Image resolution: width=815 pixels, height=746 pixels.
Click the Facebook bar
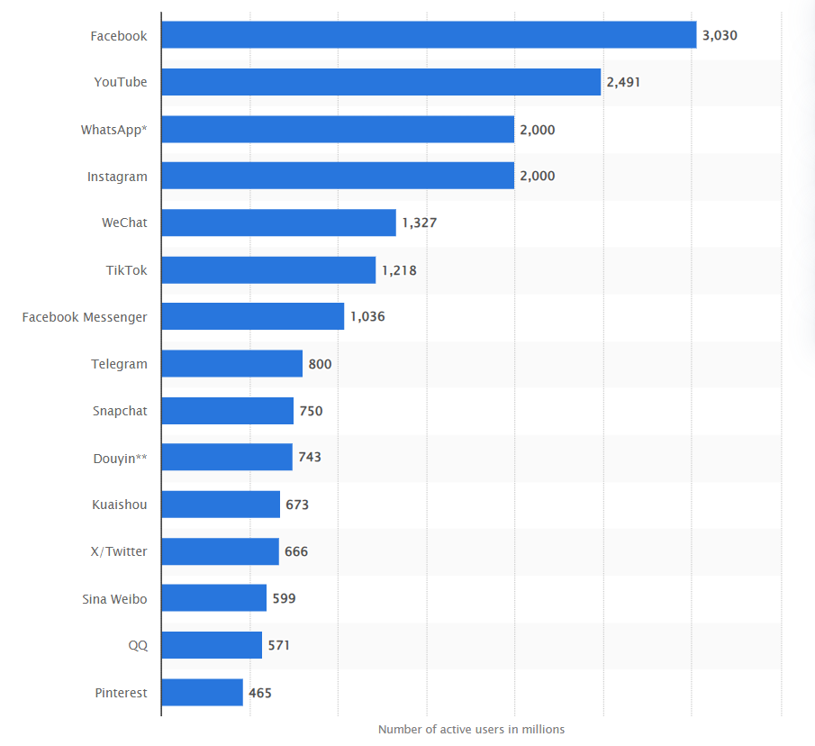coord(429,35)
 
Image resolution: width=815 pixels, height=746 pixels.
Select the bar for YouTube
coord(381,82)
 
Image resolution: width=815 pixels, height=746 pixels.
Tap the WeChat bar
coord(278,223)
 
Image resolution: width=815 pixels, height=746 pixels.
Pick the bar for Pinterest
coord(202,693)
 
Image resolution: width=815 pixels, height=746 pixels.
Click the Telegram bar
coord(231,364)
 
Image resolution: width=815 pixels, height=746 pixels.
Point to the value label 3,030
coord(720,35)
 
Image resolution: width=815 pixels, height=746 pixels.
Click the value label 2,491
coord(623,82)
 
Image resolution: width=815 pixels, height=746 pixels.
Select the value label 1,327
coord(420,223)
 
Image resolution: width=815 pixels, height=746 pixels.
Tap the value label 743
coord(310,457)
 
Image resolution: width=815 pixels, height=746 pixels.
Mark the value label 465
coord(260,693)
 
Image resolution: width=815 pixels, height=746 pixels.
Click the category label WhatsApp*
coord(114,130)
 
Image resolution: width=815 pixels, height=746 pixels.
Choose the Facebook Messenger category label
coord(85,317)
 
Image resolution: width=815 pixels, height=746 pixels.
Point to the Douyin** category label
coord(121,458)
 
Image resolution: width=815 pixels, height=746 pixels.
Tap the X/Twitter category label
coord(120,551)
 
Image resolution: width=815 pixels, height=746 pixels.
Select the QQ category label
coord(138,645)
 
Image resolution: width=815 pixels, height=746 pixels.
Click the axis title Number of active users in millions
coord(471,729)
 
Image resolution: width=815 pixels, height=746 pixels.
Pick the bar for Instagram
coord(338,176)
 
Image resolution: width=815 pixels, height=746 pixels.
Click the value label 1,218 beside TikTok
coord(399,269)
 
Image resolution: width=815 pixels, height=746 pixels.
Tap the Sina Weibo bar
coord(213,598)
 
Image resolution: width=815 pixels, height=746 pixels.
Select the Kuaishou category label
coord(120,505)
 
